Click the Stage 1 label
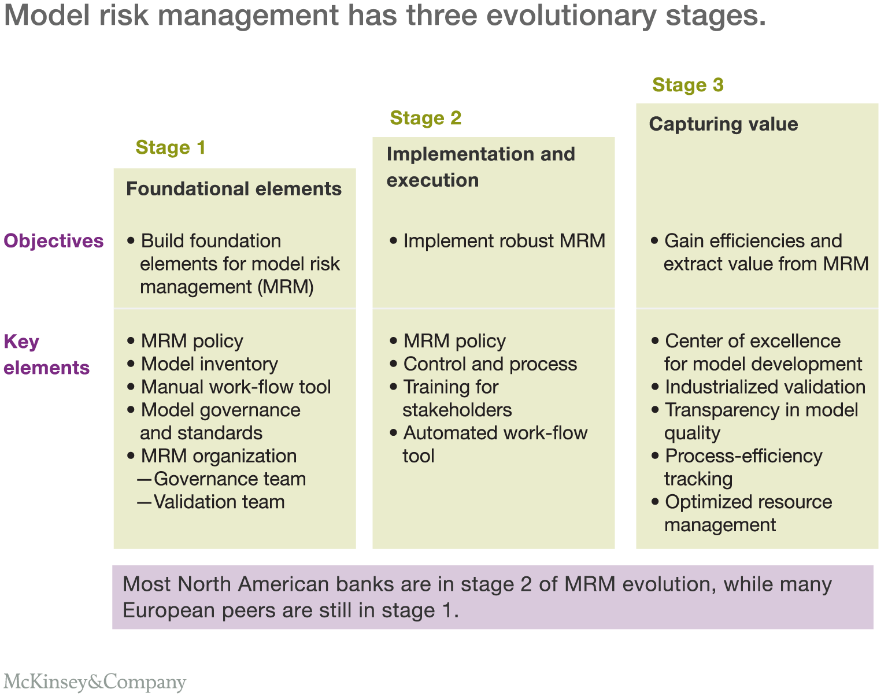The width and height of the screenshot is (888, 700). (x=171, y=147)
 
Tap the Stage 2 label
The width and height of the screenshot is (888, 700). (x=425, y=117)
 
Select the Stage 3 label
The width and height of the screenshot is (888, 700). (x=688, y=84)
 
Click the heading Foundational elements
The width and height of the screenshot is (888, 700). (x=234, y=188)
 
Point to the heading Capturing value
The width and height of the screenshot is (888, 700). (x=723, y=124)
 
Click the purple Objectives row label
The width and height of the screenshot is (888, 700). (x=54, y=241)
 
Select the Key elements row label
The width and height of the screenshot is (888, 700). (x=47, y=354)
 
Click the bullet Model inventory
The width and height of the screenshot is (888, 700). (x=210, y=364)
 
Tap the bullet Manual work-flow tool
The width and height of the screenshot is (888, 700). (x=236, y=387)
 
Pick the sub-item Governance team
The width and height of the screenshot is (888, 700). (x=230, y=479)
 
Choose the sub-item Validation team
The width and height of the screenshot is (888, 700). (x=219, y=502)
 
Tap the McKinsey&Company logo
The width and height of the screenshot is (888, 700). (x=95, y=682)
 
